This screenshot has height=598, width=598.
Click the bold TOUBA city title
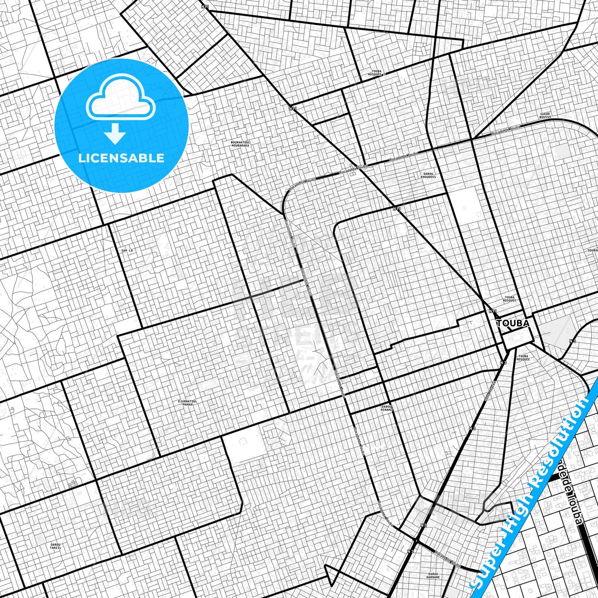[512, 323]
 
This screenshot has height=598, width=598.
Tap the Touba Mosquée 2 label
[376, 73]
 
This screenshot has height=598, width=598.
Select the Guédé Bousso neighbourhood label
[545, 115]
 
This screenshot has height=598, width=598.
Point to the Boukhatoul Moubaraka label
[240, 144]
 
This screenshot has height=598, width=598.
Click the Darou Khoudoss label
[428, 175]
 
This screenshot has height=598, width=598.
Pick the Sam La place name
[127, 251]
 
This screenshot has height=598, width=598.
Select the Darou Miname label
[386, 408]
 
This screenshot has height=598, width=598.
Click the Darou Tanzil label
[55, 546]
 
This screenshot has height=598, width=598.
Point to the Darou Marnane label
[433, 575]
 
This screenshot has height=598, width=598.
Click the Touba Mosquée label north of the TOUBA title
[509, 299]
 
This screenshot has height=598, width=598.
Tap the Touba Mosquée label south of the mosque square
[523, 358]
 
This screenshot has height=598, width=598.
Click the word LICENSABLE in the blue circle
[121, 158]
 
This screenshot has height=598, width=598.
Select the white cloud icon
[120, 101]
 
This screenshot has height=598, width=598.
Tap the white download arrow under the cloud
[115, 133]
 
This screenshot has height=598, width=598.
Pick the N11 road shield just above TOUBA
[492, 311]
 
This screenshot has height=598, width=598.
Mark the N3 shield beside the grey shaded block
[572, 341]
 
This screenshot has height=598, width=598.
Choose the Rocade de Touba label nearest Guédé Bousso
[506, 130]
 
